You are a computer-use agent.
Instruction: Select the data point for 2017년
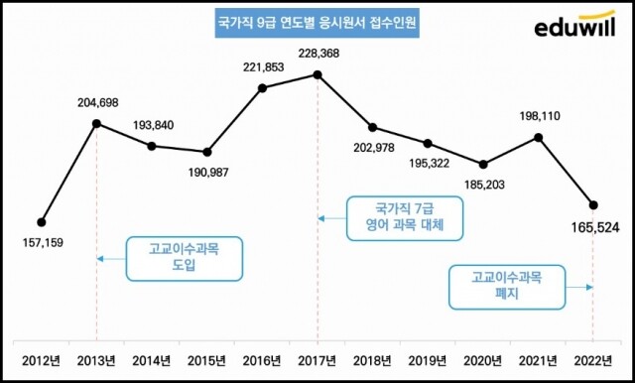pos(317,74)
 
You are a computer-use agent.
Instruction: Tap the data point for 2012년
pos(41,221)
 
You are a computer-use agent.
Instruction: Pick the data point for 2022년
pos(592,205)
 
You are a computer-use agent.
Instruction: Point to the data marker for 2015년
pos(206,152)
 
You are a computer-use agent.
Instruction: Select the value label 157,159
pos(41,242)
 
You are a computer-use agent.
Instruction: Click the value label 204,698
pos(96,103)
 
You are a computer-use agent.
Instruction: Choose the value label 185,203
pos(483,185)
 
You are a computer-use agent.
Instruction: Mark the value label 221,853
pos(262,66)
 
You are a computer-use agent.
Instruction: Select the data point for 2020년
pos(483,164)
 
